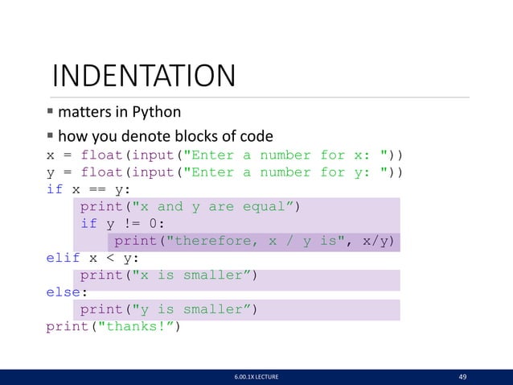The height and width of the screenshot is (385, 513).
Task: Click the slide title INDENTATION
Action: pyautogui.click(x=143, y=77)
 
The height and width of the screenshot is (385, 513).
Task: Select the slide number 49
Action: pyautogui.click(x=462, y=375)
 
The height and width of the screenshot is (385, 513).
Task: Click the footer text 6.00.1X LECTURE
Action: pyautogui.click(x=256, y=376)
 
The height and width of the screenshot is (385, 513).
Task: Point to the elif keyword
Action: pyautogui.click(x=63, y=259)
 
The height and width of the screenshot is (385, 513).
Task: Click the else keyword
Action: pyautogui.click(x=63, y=292)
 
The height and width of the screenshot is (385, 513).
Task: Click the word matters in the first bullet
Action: pyautogui.click(x=85, y=112)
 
